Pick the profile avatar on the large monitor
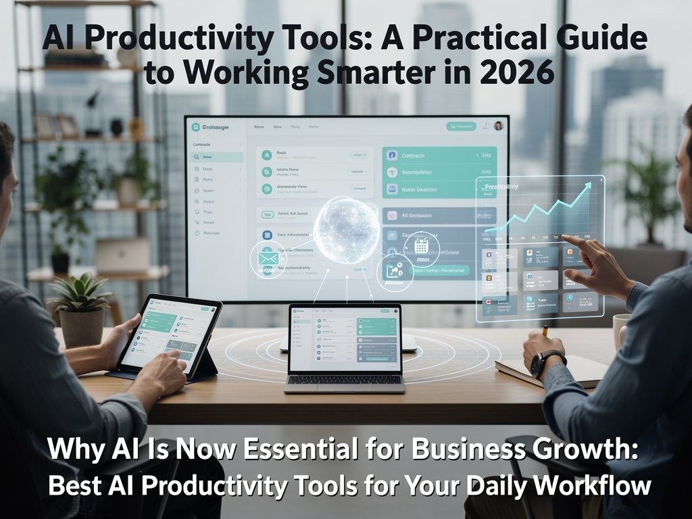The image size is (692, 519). pyautogui.click(x=499, y=126)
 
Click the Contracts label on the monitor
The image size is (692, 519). pyautogui.click(x=413, y=155)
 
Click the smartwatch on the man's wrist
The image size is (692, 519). pyautogui.click(x=539, y=364)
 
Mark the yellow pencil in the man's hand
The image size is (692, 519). pyautogui.click(x=545, y=330)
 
